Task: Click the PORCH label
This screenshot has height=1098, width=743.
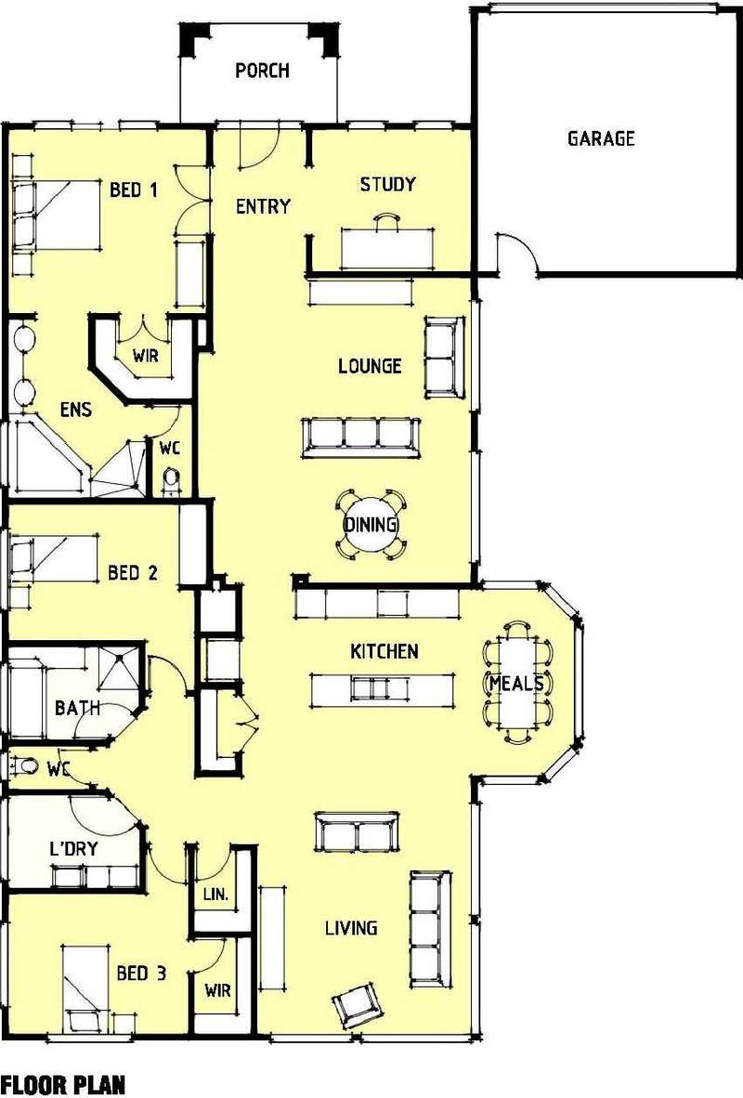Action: coord(263,71)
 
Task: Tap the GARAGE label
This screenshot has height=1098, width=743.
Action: coord(601,138)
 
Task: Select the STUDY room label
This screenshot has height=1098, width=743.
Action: coord(388,184)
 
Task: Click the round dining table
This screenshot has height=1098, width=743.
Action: coord(371,524)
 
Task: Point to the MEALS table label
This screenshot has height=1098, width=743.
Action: coord(516,683)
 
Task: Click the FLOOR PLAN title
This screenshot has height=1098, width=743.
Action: coord(63,1085)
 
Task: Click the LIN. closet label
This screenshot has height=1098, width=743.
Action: coord(215,895)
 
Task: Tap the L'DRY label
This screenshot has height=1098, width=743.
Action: coord(73,849)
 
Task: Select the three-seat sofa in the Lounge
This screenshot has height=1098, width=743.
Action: coord(360,438)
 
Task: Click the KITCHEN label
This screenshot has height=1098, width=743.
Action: coord(385,651)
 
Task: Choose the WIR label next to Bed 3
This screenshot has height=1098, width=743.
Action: coord(217,991)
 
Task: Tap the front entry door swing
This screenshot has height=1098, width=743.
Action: coord(260,149)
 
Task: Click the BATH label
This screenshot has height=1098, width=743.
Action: coord(77,708)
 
